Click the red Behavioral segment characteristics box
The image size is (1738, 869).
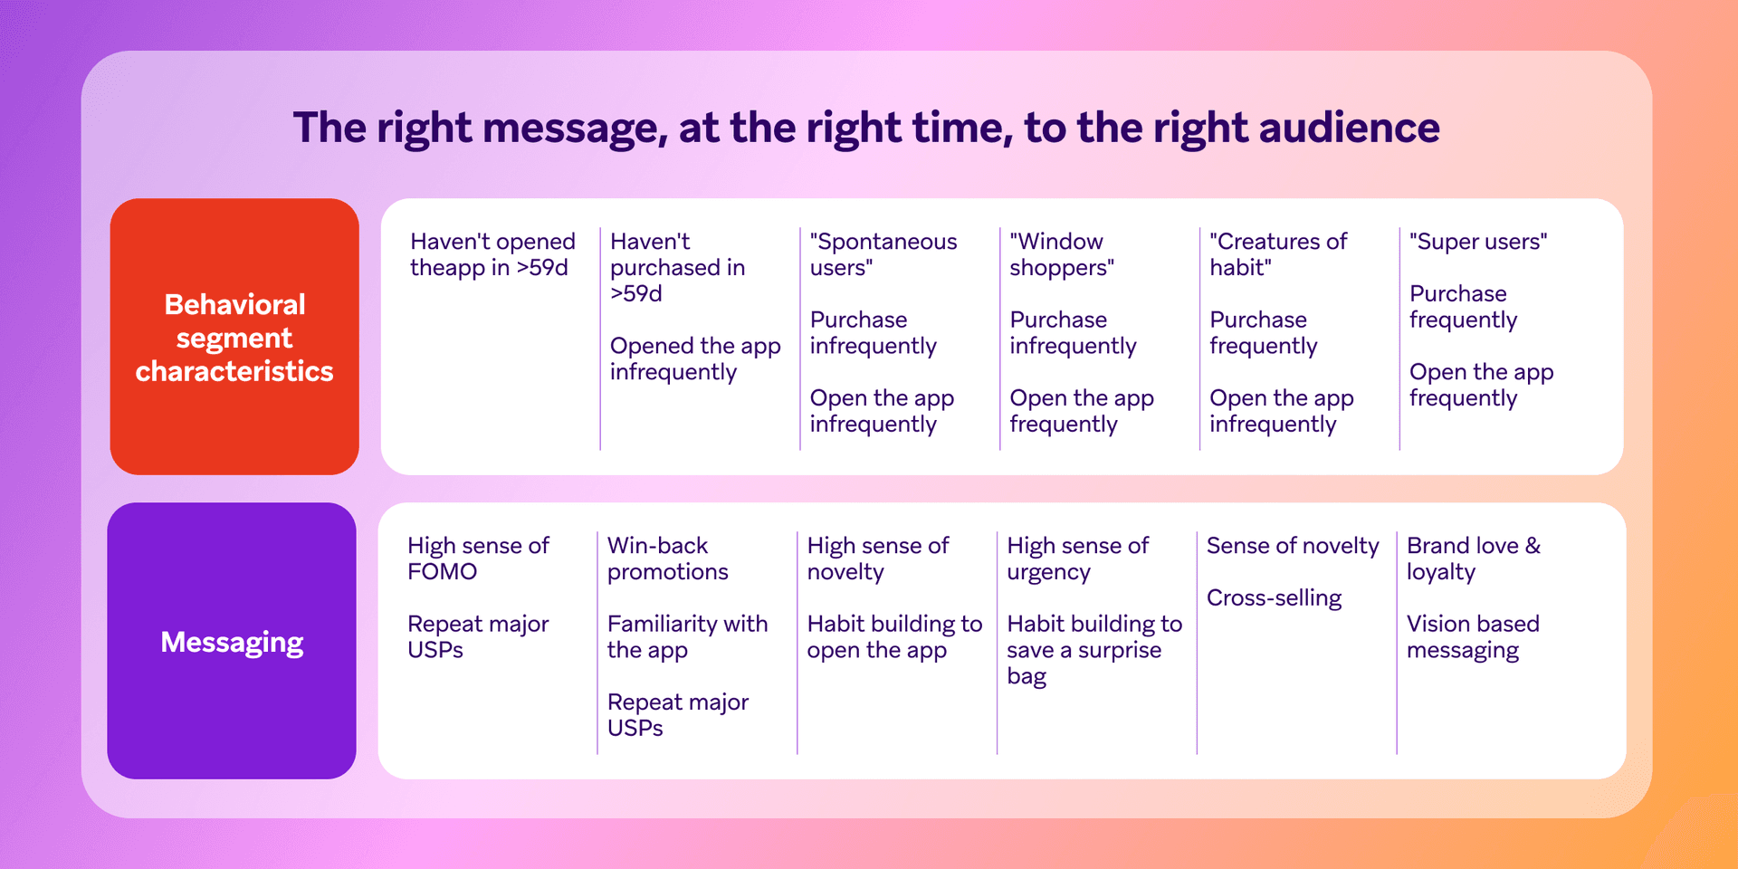[x=234, y=337]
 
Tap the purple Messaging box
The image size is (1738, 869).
[x=232, y=641]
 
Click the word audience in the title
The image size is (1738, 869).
[x=1349, y=128]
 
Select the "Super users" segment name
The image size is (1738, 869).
[x=1478, y=242]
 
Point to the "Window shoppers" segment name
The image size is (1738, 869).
[x=1061, y=254]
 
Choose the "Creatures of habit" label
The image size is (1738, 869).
[x=1277, y=254]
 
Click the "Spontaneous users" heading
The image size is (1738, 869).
[x=883, y=254]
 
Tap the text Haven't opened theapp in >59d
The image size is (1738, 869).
[x=492, y=254]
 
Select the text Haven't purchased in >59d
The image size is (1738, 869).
[x=677, y=267]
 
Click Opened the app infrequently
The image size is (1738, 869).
[x=694, y=358]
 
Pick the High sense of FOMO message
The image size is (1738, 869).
[x=478, y=559]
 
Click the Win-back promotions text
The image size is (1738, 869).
[x=667, y=559]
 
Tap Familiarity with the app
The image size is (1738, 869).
[x=687, y=636]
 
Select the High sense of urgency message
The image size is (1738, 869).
[x=1077, y=559]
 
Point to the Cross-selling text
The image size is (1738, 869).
[x=1274, y=598]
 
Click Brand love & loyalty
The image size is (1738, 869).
[x=1473, y=559]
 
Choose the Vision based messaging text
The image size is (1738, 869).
[x=1473, y=636]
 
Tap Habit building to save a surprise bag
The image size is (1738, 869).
[x=1093, y=649]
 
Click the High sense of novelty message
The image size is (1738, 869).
[x=877, y=559]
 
